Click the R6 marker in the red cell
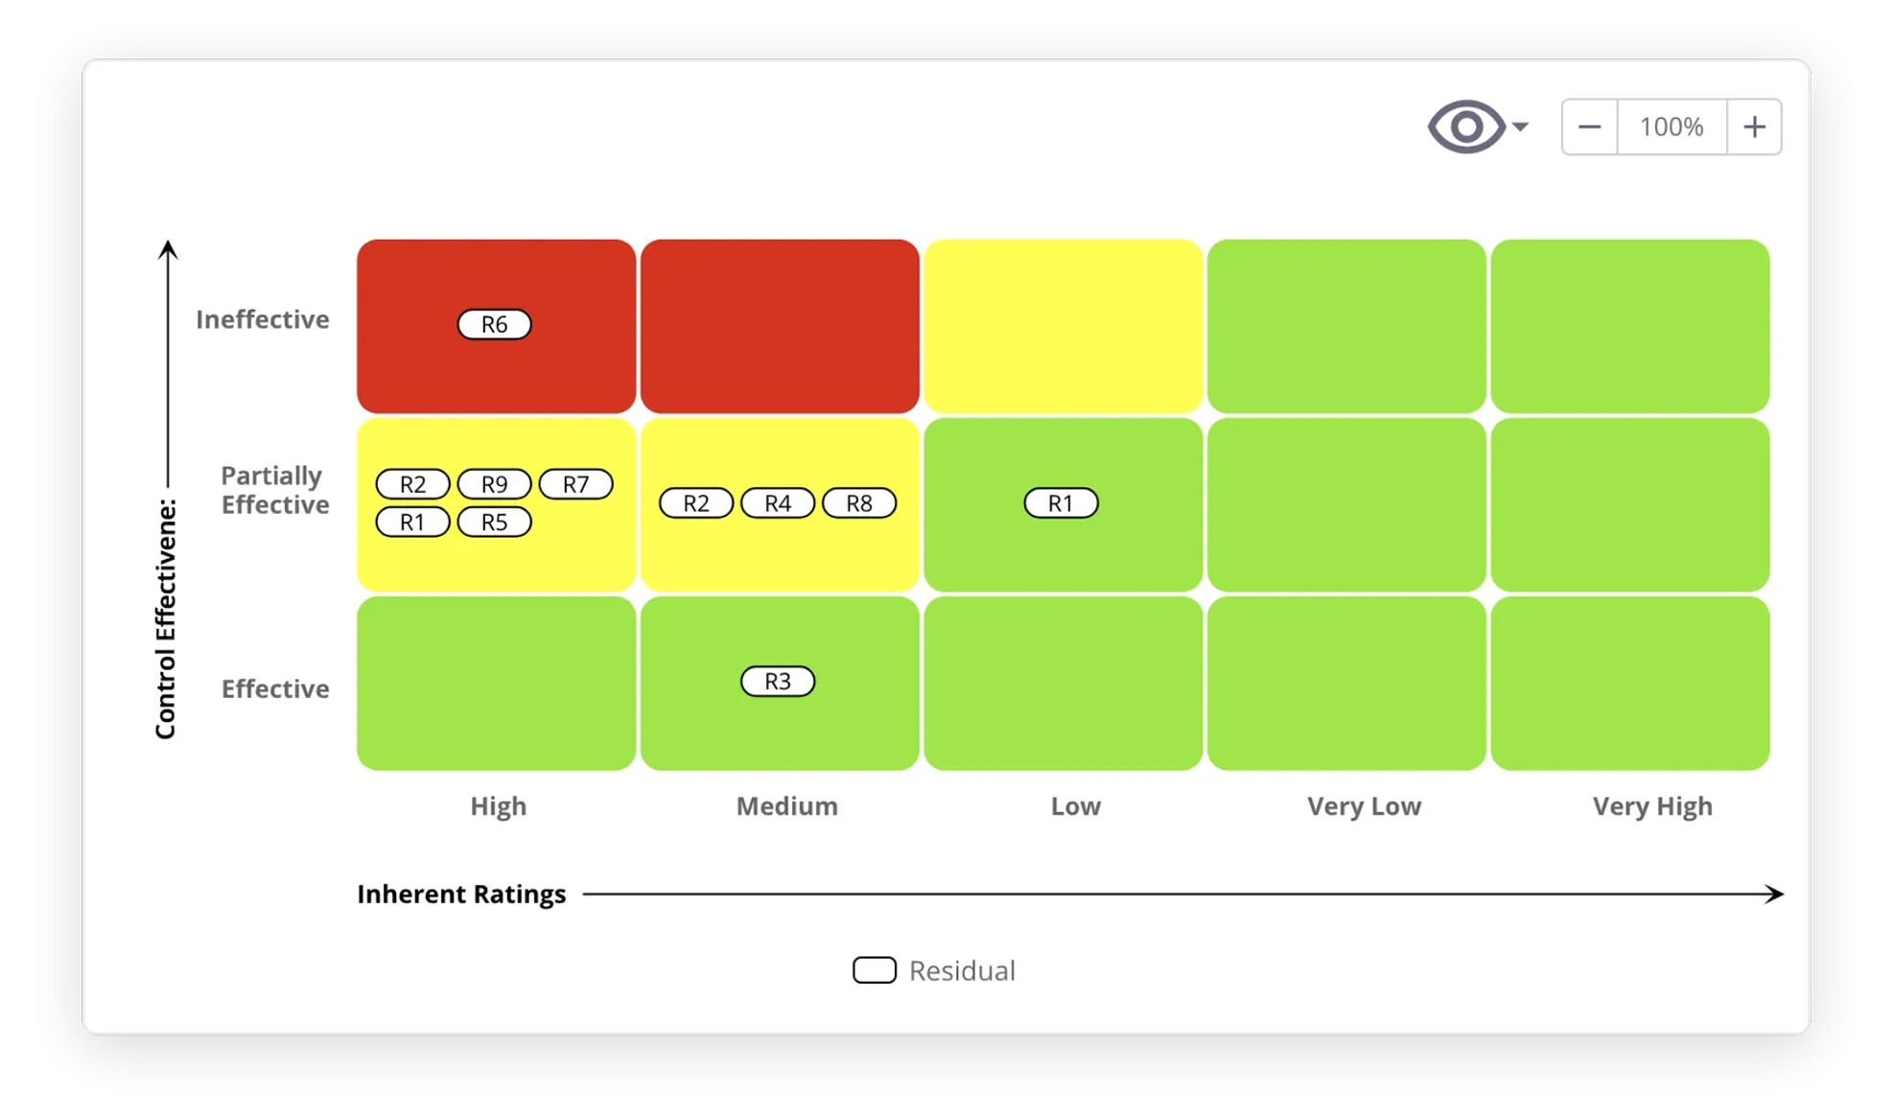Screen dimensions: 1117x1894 click(494, 325)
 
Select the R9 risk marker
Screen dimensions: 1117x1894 click(494, 484)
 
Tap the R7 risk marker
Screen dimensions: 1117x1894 click(575, 484)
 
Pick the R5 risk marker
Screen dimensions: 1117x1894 click(494, 523)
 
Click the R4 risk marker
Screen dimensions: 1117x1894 click(778, 503)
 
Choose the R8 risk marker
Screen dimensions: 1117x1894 click(859, 503)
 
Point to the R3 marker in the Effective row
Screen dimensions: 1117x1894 click(778, 682)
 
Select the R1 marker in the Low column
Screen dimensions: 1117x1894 click(1061, 503)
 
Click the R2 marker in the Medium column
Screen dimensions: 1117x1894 click(696, 503)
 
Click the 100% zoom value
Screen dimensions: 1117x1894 click(1672, 127)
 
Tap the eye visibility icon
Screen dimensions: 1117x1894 click(1466, 127)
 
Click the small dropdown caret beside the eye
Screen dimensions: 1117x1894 click(1520, 127)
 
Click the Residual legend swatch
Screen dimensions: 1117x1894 click(875, 970)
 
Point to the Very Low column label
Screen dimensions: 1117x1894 click(1364, 806)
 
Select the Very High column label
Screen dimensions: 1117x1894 click(1652, 806)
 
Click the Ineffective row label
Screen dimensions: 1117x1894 click(262, 319)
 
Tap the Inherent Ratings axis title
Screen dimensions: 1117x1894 click(461, 895)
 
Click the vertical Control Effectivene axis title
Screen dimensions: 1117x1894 click(166, 618)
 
